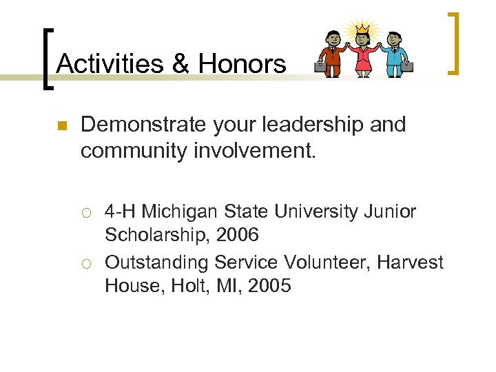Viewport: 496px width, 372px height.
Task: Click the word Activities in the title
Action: pyautogui.click(x=110, y=64)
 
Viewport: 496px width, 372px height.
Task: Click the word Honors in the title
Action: pyautogui.click(x=242, y=64)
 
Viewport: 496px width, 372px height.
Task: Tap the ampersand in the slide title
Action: pyautogui.click(x=180, y=64)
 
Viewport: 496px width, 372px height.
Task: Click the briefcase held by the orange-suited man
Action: pyautogui.click(x=320, y=67)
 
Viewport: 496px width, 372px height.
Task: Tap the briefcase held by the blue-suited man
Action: pyautogui.click(x=407, y=67)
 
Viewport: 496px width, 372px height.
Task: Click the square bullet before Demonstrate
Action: pyautogui.click(x=61, y=126)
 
